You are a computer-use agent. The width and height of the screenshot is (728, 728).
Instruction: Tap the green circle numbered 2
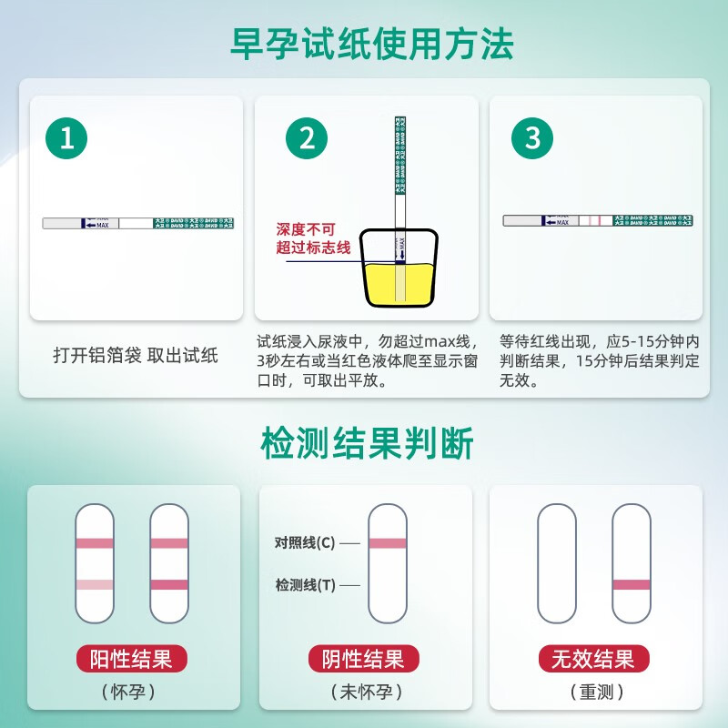(x=307, y=138)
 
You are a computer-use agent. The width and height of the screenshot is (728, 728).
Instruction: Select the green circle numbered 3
(x=532, y=138)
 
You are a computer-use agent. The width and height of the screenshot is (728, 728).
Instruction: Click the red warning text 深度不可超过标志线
(x=307, y=238)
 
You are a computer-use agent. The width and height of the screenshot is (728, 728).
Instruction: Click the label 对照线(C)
(x=305, y=542)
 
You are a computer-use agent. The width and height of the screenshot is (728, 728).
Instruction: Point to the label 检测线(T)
(x=305, y=586)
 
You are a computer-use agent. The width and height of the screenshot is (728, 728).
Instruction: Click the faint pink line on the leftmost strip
(x=95, y=584)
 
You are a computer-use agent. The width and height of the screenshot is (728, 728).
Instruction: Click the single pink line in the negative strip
(x=388, y=543)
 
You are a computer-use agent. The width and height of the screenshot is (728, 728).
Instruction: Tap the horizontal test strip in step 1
(x=136, y=223)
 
